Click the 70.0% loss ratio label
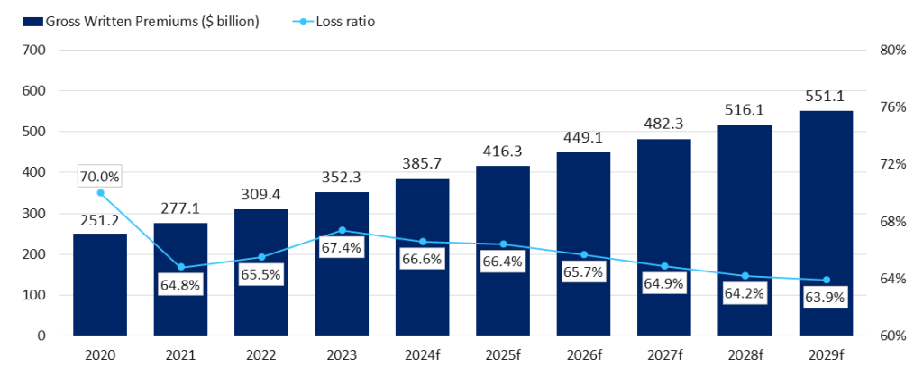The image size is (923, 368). tap(100, 176)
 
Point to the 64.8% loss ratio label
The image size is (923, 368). tap(181, 285)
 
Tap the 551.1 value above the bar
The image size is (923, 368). tap(826, 97)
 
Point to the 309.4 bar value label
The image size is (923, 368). tap(261, 195)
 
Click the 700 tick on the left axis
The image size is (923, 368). tap(35, 51)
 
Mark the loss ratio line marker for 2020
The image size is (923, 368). tap(100, 193)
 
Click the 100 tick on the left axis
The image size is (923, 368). tap(35, 295)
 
